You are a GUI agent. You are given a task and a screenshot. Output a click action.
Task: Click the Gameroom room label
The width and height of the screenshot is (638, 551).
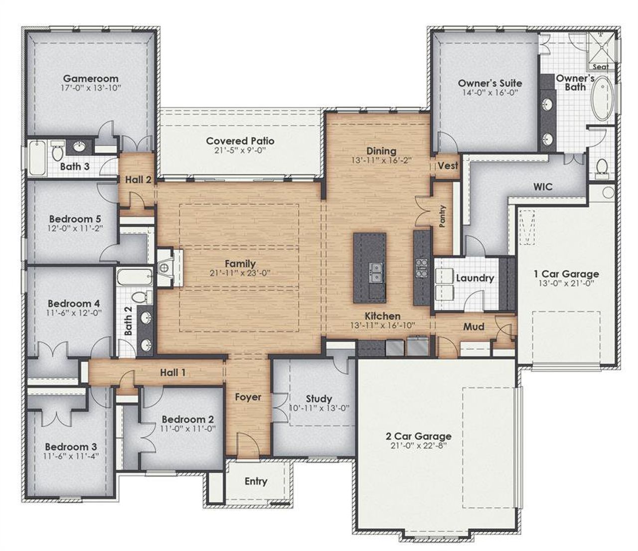coord(91,78)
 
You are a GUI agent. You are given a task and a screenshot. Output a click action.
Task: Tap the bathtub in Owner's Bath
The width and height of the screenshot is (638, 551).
coord(604,98)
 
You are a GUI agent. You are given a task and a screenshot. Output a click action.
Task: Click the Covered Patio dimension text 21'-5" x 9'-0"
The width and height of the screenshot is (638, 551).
coord(240,150)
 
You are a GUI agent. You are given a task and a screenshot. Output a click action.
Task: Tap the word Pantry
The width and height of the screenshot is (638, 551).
coord(443,216)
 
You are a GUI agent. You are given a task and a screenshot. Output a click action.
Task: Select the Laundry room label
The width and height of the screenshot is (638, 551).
coord(475,278)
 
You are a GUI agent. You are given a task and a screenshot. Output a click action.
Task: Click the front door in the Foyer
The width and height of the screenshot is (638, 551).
coord(246,446)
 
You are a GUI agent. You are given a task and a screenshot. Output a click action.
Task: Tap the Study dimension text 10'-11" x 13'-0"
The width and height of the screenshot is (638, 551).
coord(319,408)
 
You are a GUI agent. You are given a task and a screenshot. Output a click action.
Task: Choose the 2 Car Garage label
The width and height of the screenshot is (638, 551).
coord(419,436)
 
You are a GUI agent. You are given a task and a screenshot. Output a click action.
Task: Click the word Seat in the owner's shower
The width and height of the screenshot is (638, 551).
coord(600,66)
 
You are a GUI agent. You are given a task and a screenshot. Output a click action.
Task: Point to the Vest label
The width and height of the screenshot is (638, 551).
coord(448,166)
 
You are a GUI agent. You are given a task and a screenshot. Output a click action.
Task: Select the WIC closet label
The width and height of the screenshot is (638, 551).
coord(543,187)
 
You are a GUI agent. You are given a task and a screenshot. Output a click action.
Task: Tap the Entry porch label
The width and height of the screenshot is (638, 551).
coord(256,481)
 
